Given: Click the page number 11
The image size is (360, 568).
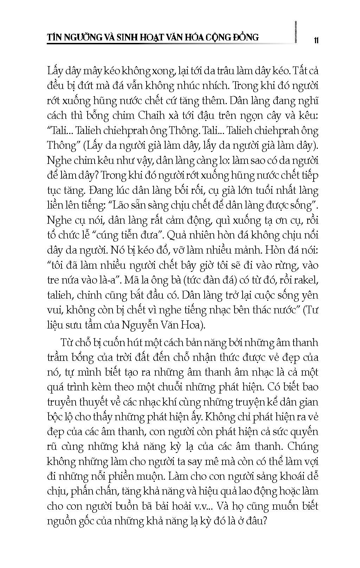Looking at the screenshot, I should coord(316,40).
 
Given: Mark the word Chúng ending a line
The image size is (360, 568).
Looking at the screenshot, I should coord(303,447).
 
